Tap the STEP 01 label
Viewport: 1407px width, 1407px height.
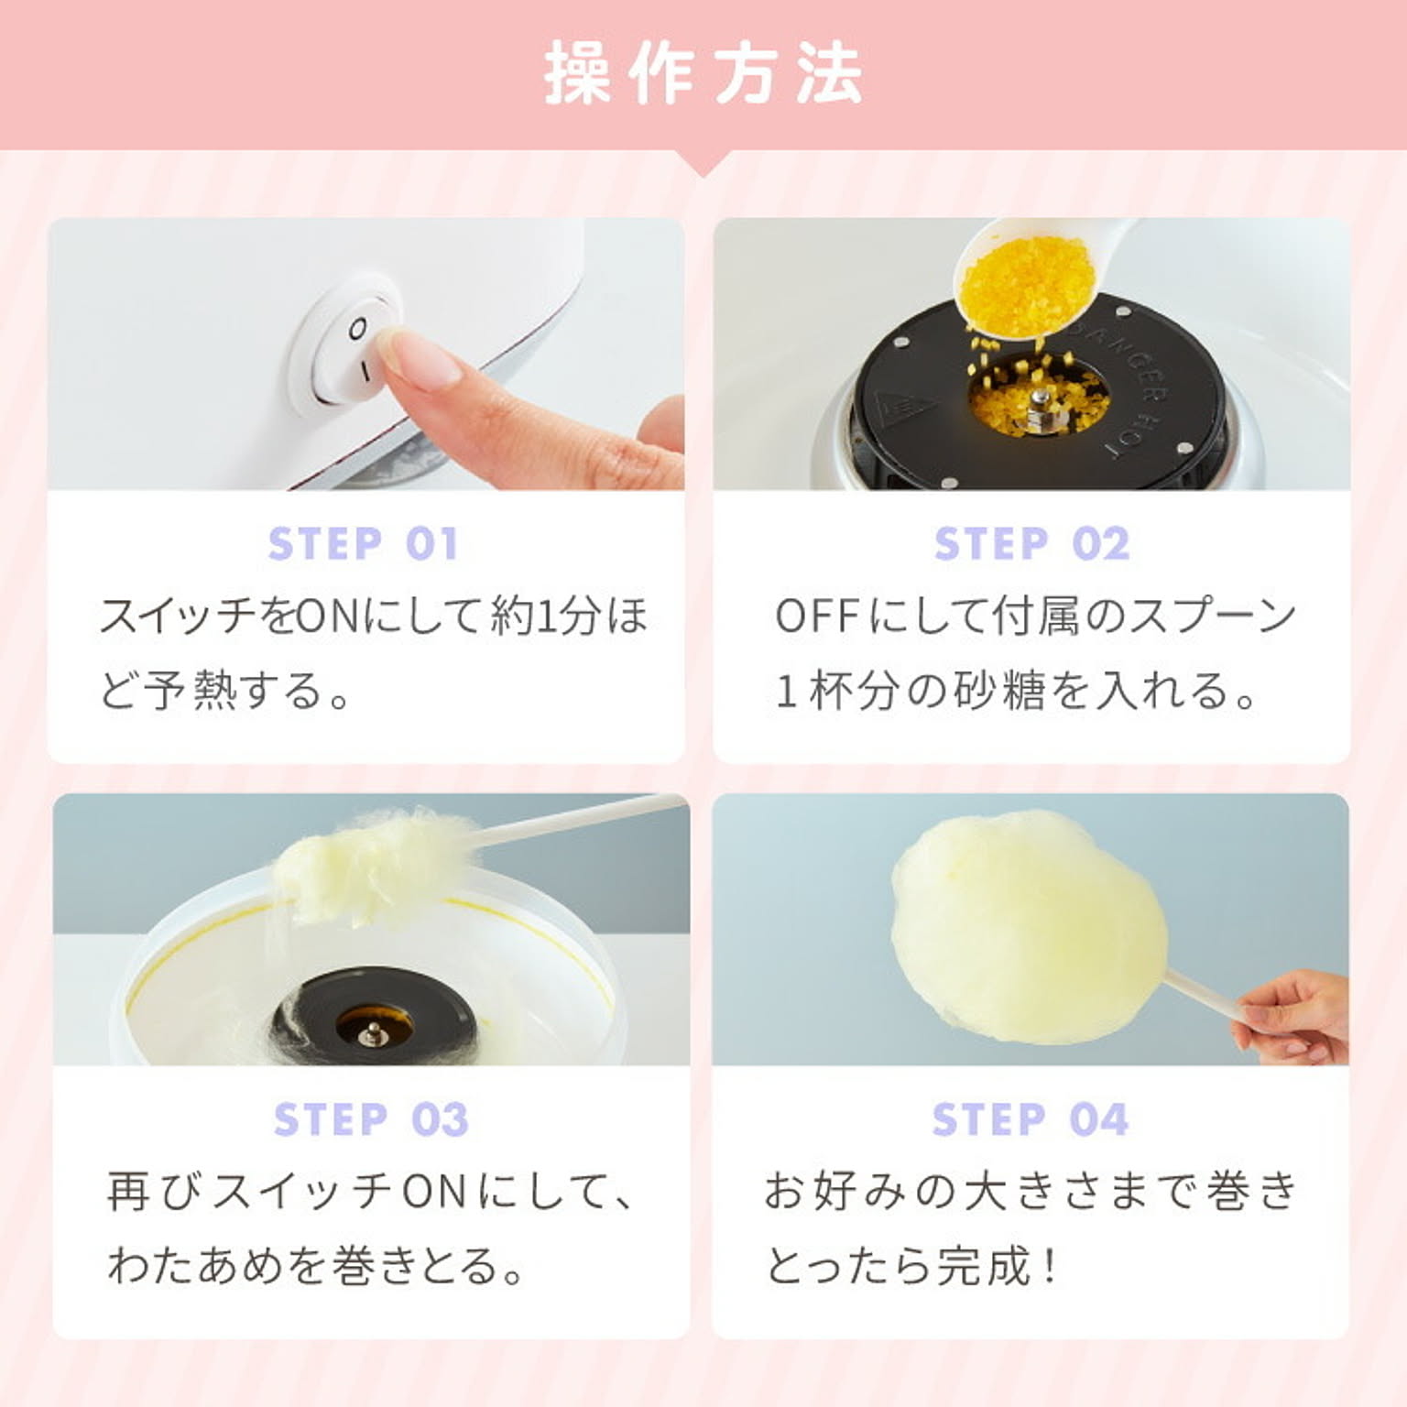point(363,544)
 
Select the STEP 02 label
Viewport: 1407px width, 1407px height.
point(1031,544)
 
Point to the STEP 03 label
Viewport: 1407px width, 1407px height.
point(371,1119)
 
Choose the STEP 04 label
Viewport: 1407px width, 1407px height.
point(1031,1119)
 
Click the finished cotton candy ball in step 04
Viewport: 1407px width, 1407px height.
point(1026,925)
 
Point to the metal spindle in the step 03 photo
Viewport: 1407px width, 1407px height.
point(371,1033)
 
